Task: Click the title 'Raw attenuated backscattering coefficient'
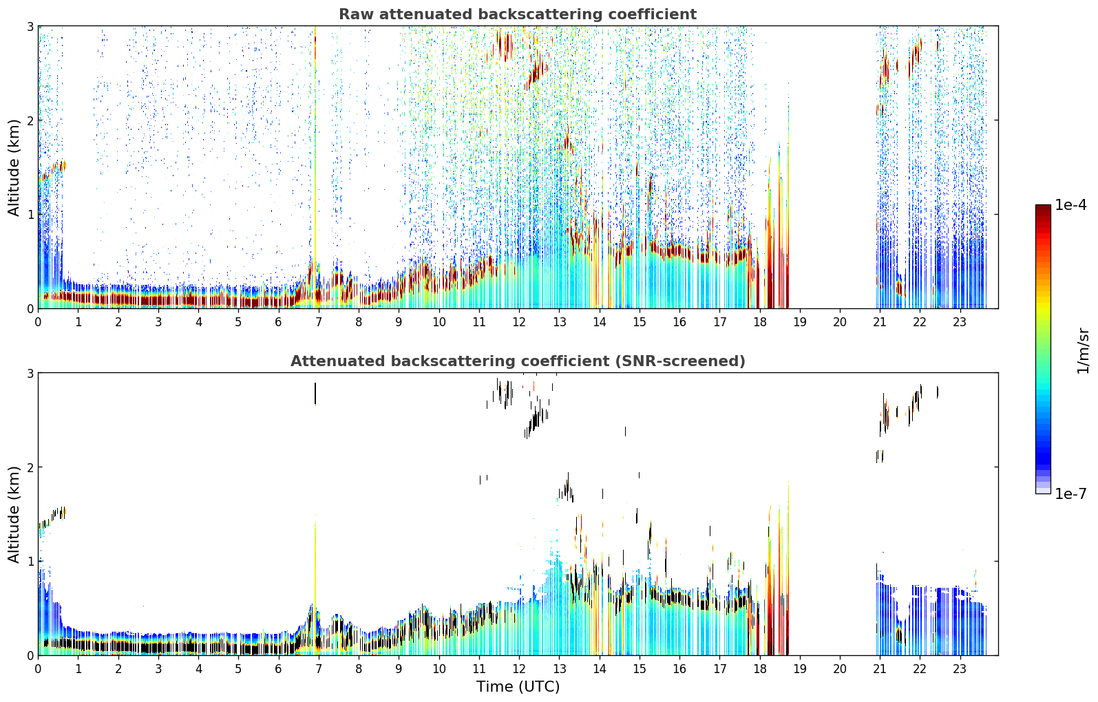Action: [x=518, y=14]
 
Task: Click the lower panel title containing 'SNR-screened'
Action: [x=518, y=361]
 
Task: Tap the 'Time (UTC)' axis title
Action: [x=518, y=686]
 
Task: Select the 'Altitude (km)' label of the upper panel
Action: [x=14, y=168]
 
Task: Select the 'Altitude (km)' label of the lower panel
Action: [x=14, y=515]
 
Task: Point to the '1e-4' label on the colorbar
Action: [x=1070, y=205]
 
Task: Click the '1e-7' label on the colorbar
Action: [x=1070, y=493]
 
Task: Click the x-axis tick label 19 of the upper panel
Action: [x=799, y=321]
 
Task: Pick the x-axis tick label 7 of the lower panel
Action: [x=319, y=669]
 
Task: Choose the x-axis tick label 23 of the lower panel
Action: [x=959, y=669]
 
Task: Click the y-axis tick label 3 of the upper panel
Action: [x=30, y=26]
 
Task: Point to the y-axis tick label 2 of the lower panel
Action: [x=30, y=468]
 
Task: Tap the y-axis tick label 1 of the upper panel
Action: [x=30, y=215]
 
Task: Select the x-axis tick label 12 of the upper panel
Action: [x=519, y=321]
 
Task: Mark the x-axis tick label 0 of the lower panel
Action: [x=39, y=669]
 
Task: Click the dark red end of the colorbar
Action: [x=1043, y=208]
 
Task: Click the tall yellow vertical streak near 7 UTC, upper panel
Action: [x=315, y=167]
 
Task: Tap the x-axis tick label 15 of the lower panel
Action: [x=639, y=669]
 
